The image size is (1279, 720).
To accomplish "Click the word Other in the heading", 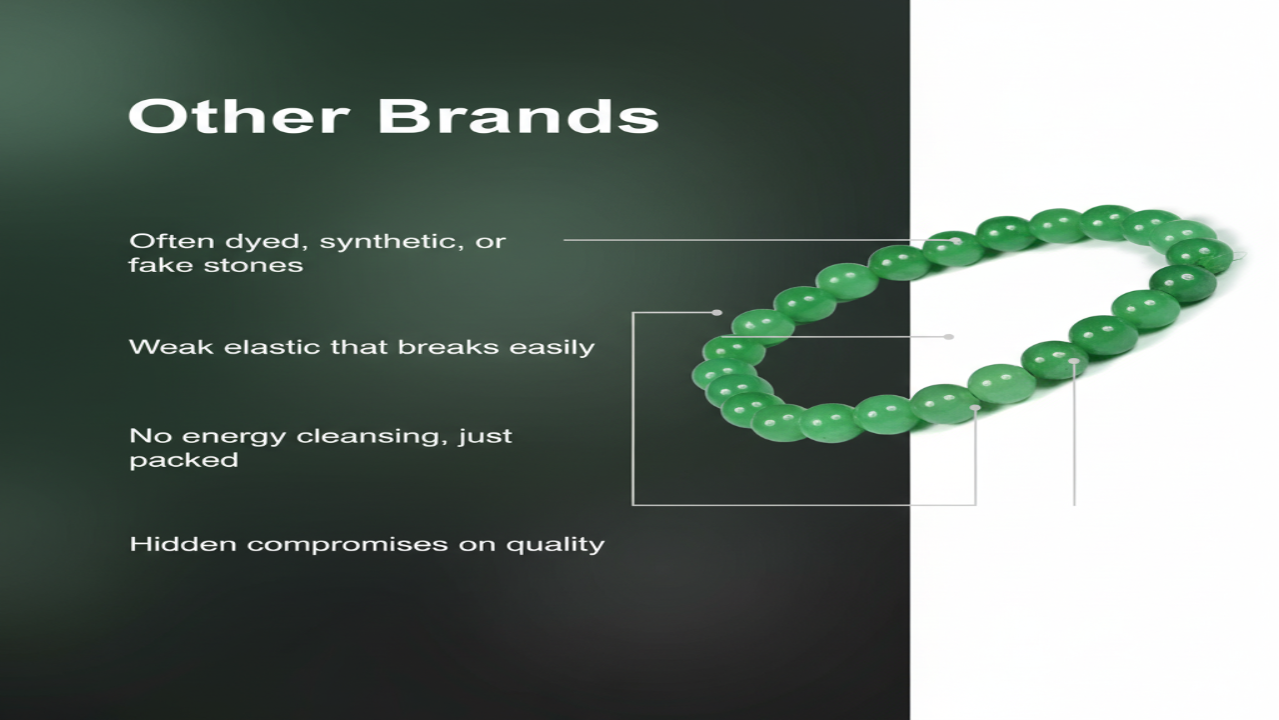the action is pyautogui.click(x=239, y=116).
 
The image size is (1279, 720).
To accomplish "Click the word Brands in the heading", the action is pyautogui.click(x=519, y=116).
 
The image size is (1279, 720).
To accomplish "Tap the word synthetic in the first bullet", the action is pyautogui.click(x=391, y=242).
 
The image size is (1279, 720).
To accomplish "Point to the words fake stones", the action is pyautogui.click(x=216, y=265).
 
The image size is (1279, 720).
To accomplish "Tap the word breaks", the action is pyautogui.click(x=449, y=347).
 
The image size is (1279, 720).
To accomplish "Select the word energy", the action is pyautogui.click(x=235, y=437).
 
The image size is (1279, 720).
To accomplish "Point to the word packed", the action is pyautogui.click(x=184, y=461).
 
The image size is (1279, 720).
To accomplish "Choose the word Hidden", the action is pyautogui.click(x=183, y=543).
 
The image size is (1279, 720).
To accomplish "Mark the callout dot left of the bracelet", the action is pyautogui.click(x=717, y=313).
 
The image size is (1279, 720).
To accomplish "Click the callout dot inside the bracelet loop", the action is pyautogui.click(x=949, y=337).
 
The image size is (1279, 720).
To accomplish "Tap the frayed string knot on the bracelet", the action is pyautogui.click(x=1234, y=255).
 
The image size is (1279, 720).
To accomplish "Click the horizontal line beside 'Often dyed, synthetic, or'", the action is pyautogui.click(x=759, y=240).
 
